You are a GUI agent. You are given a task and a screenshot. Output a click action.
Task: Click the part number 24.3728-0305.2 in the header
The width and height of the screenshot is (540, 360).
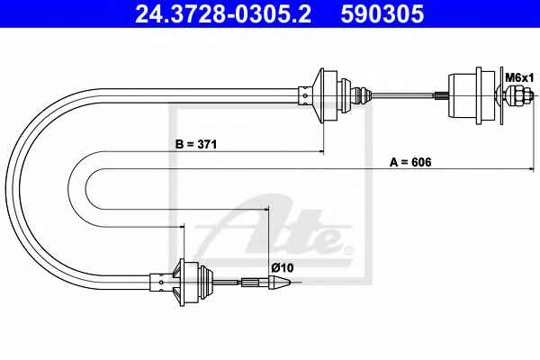(x=223, y=14)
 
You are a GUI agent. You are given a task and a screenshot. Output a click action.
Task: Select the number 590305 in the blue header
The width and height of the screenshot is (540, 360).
(x=382, y=14)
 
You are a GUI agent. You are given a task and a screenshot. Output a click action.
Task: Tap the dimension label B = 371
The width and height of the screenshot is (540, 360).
(x=196, y=144)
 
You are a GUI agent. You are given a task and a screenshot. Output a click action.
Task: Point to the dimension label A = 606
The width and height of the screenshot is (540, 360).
(x=410, y=162)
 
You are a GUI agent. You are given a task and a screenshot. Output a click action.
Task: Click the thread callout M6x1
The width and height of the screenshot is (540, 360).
(x=519, y=78)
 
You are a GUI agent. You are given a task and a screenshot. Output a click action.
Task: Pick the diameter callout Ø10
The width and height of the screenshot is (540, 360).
(x=283, y=267)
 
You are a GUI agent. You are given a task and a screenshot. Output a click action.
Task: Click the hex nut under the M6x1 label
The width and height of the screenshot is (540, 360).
(x=517, y=95)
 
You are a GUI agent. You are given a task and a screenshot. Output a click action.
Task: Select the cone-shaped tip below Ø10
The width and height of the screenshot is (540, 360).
(x=280, y=282)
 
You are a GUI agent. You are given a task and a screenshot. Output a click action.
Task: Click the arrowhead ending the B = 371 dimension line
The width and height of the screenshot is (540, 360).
(x=321, y=151)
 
